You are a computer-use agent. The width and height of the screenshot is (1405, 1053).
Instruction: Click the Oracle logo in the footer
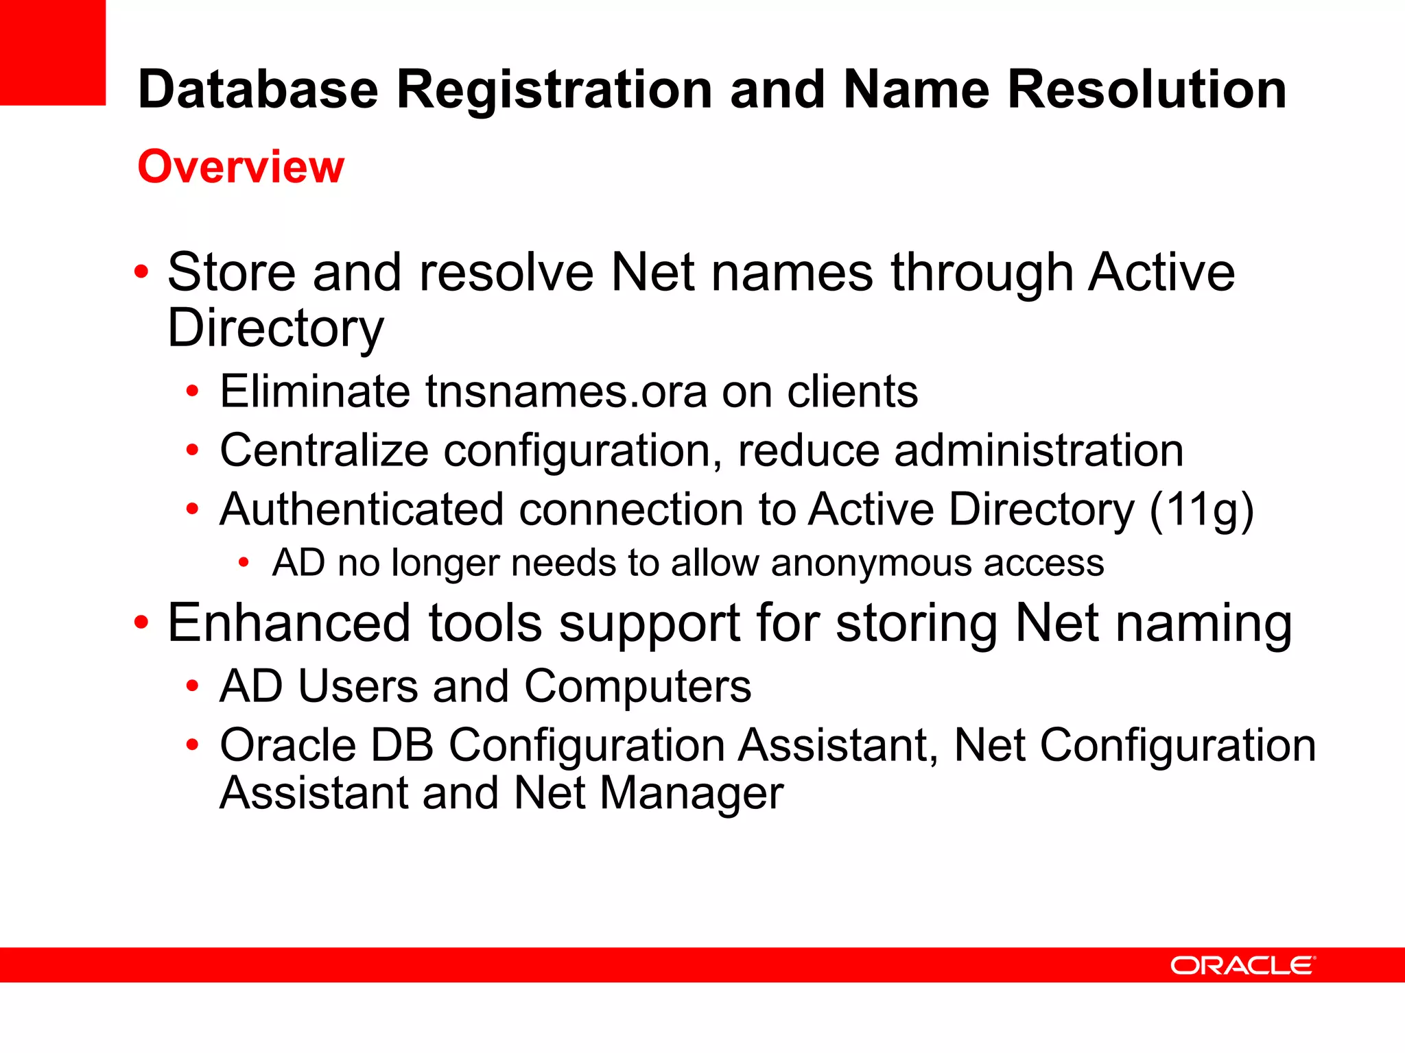[1242, 965]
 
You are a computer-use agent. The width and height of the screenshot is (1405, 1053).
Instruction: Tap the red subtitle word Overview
[241, 167]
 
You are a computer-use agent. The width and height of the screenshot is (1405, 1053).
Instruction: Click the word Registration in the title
[554, 90]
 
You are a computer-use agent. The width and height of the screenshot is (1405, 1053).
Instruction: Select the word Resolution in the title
[1146, 90]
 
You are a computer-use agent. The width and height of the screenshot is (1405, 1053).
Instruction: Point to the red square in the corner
[53, 52]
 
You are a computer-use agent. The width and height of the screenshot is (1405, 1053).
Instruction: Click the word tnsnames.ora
[566, 391]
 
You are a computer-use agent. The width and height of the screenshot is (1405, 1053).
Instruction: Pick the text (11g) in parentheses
[1201, 511]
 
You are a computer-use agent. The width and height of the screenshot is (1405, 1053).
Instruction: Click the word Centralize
[324, 450]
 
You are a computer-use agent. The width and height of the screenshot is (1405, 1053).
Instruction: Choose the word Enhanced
[288, 623]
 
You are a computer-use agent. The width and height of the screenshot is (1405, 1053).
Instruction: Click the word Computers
[638, 686]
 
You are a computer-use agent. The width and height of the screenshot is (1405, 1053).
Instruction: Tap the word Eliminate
[314, 391]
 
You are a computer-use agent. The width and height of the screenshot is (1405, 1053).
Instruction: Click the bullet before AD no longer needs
[244, 564]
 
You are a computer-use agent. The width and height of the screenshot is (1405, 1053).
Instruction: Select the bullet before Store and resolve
[141, 272]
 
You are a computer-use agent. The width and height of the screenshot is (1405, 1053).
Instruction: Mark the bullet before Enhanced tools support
[141, 623]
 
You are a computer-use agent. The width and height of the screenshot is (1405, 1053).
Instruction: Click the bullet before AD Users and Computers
[193, 686]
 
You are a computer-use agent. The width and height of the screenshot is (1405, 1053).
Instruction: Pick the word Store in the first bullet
[231, 272]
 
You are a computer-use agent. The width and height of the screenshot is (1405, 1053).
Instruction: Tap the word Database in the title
[258, 90]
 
